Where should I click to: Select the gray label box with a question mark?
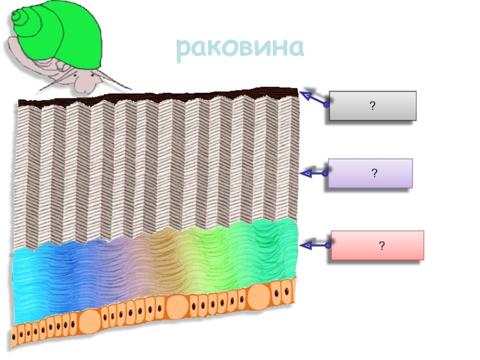(373, 106)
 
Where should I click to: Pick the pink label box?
(377, 245)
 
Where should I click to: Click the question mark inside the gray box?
(373, 106)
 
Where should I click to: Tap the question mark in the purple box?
(374, 174)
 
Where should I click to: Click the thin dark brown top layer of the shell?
(156, 98)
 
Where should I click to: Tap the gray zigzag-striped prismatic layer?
(156, 168)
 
